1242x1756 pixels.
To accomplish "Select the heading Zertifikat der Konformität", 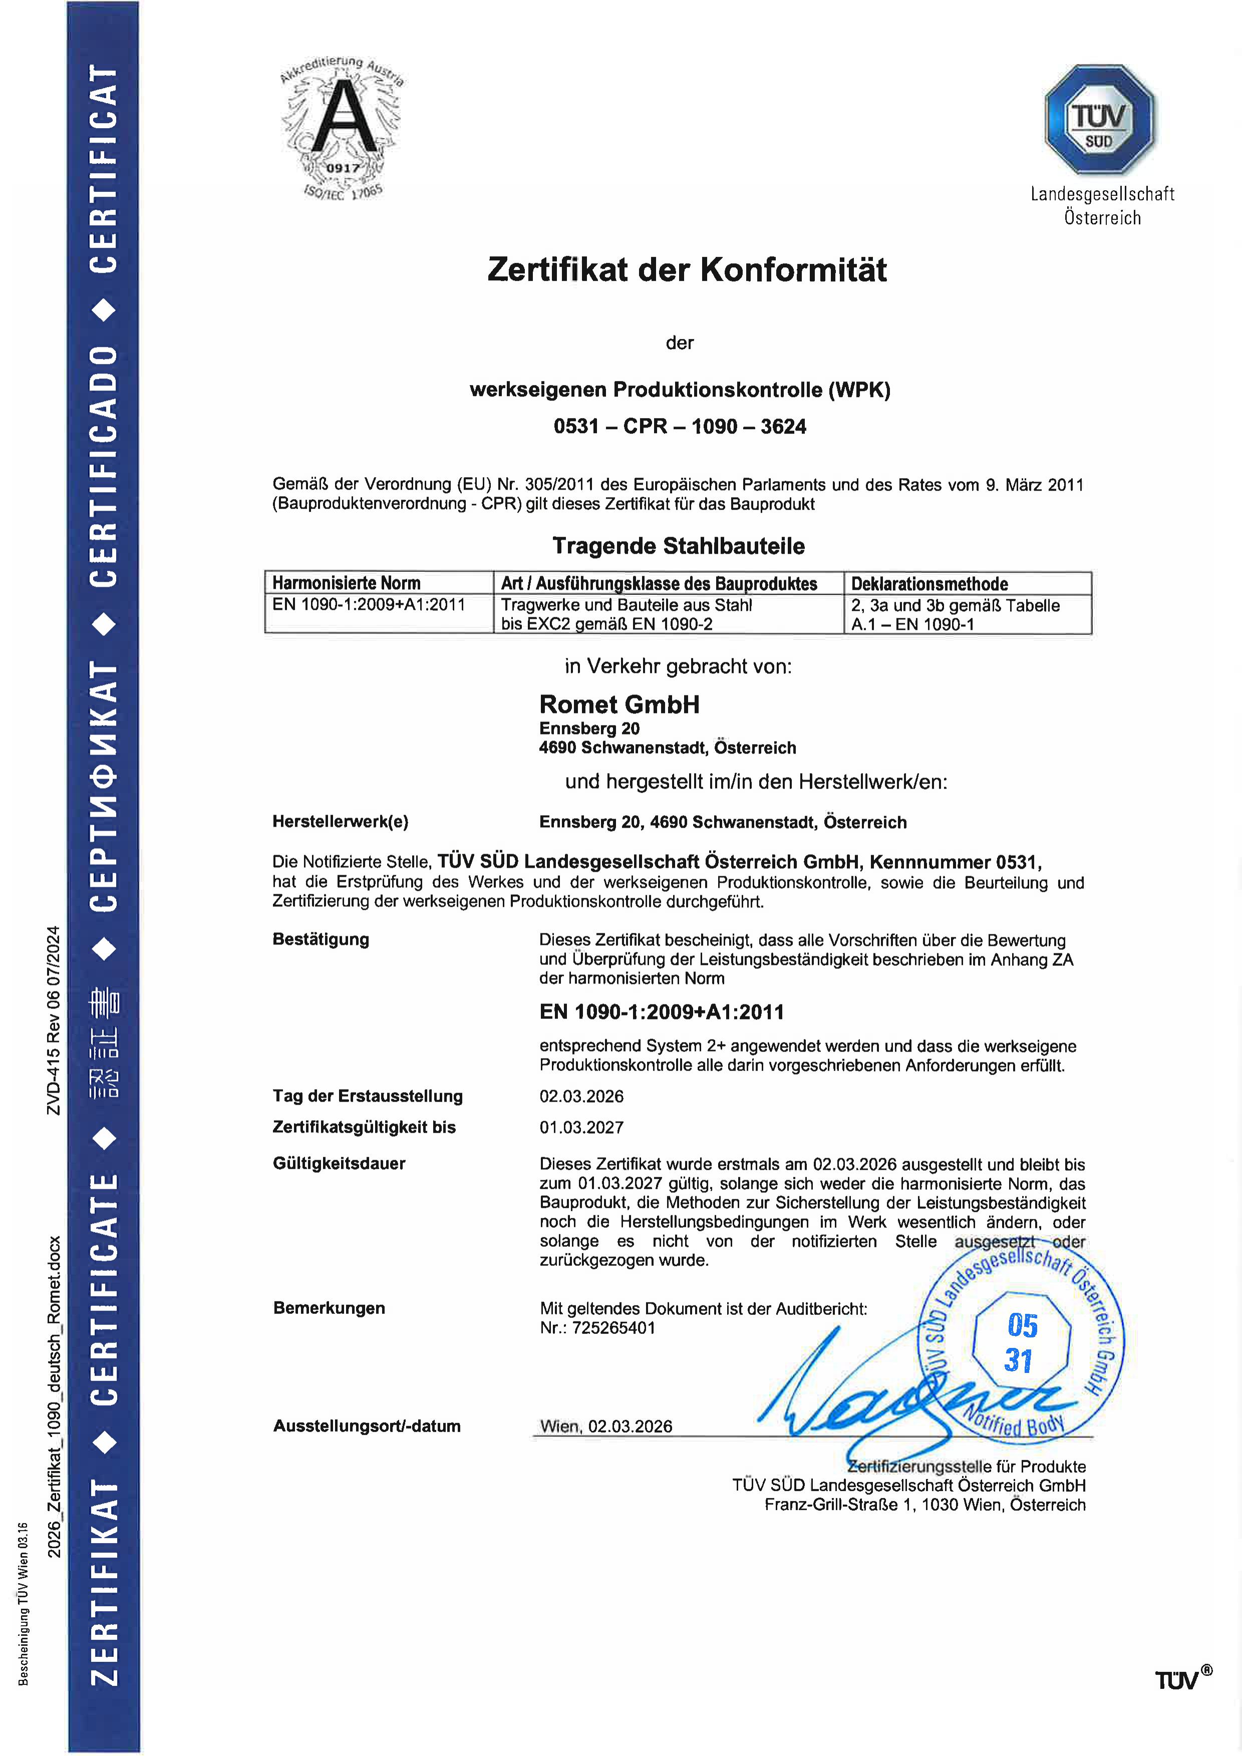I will pos(687,270).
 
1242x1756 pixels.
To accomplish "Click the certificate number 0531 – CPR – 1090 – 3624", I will pos(680,427).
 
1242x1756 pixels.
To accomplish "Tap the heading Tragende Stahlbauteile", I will pos(679,546).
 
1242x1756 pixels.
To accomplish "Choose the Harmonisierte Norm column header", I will pos(347,583).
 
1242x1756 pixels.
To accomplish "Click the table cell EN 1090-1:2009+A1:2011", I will pos(369,605).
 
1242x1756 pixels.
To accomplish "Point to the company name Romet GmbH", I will pos(619,705).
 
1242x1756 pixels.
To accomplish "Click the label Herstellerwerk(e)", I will pos(341,822).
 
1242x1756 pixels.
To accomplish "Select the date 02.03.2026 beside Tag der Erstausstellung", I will pos(581,1097).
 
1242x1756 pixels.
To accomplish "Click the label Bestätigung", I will pos(321,940).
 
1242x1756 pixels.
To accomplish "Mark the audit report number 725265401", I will pos(613,1328).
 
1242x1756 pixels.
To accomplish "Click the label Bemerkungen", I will pos(329,1308).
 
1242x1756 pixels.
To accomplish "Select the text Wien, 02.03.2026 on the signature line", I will pos(605,1427).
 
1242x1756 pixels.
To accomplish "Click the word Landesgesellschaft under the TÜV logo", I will pos(1102,194).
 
